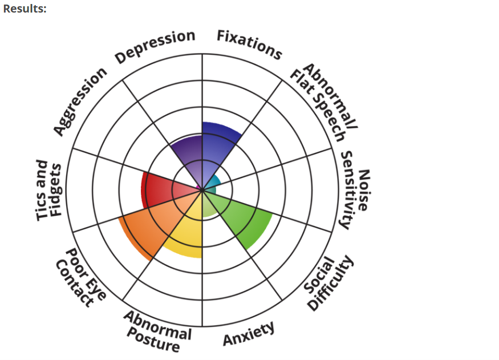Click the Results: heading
pyautogui.click(x=25, y=9)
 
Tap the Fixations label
pyautogui.click(x=249, y=45)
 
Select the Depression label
pyautogui.click(x=155, y=46)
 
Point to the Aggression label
pyautogui.click(x=80, y=101)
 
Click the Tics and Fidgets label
pyautogui.click(x=48, y=191)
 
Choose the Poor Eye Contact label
pyautogui.click(x=81, y=278)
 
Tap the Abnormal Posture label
pyautogui.click(x=157, y=331)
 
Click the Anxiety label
pyautogui.click(x=249, y=333)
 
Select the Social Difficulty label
pyautogui.click(x=328, y=282)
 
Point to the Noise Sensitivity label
pyautogui.click(x=355, y=190)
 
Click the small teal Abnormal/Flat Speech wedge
pyautogui.click(x=213, y=182)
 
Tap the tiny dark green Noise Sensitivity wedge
pyautogui.click(x=211, y=191)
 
